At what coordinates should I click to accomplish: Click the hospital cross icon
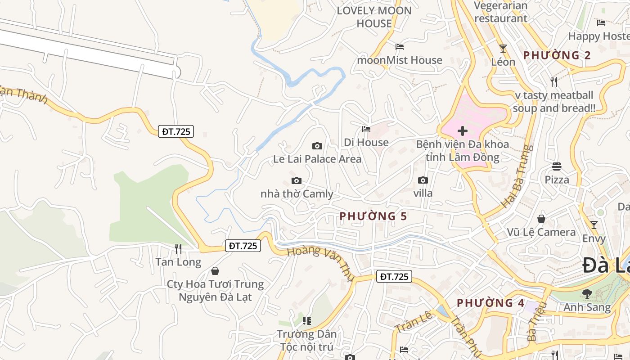(x=462, y=131)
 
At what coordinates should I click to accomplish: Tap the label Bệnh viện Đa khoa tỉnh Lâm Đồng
(x=462, y=151)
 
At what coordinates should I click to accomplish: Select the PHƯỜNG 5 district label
(x=373, y=216)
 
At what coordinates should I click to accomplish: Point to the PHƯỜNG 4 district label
(x=490, y=303)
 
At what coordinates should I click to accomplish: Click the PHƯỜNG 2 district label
(x=557, y=55)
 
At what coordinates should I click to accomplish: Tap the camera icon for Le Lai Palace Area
(x=317, y=146)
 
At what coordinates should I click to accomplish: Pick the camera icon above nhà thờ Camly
(x=297, y=180)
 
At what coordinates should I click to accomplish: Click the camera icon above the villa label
(x=423, y=180)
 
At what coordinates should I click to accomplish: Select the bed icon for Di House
(x=366, y=129)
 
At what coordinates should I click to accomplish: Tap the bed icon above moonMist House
(x=399, y=46)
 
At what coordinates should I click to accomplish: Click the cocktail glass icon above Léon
(x=503, y=49)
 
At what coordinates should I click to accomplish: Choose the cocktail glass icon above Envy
(x=594, y=225)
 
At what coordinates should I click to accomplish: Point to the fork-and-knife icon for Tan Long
(x=178, y=248)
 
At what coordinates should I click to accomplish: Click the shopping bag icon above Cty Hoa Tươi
(x=215, y=271)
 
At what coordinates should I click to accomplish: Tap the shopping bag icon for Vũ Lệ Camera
(x=541, y=219)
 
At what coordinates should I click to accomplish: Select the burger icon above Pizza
(x=557, y=166)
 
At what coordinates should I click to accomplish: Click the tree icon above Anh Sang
(x=587, y=294)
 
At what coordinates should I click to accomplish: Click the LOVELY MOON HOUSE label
(x=374, y=17)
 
